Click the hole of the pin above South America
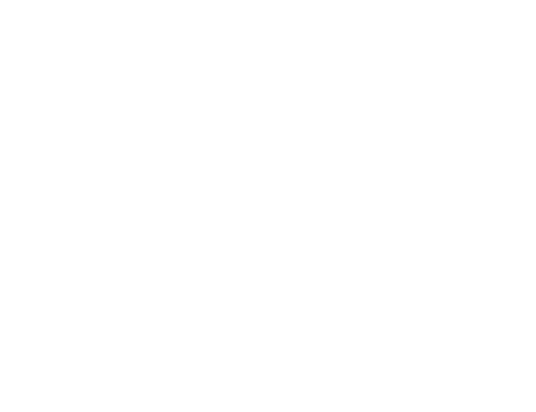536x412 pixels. (163, 204)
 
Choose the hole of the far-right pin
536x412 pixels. (485, 200)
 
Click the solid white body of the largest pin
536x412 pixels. (301, 153)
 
